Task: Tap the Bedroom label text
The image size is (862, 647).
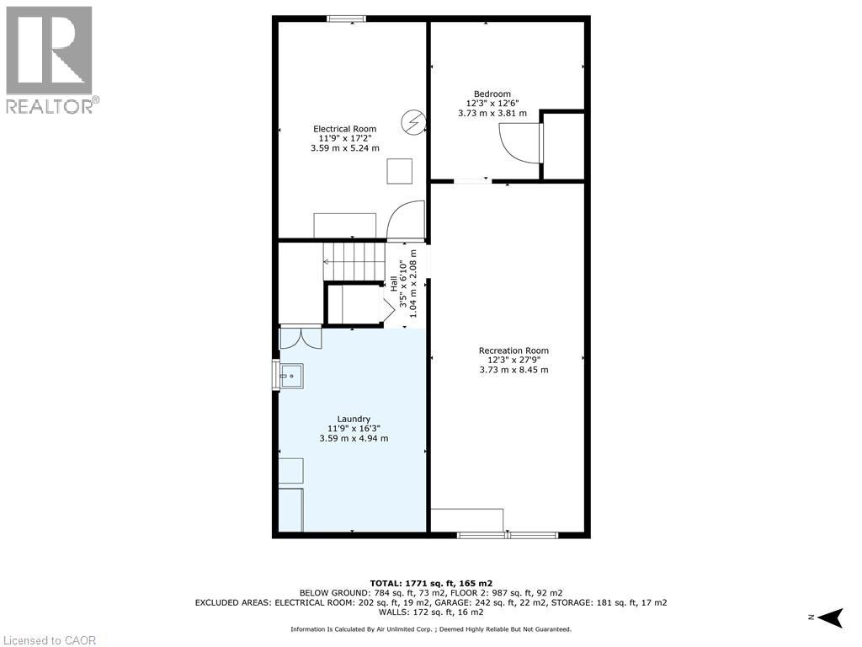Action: (x=492, y=94)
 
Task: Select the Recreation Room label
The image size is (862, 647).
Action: (x=513, y=350)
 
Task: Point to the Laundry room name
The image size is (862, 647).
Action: (x=354, y=419)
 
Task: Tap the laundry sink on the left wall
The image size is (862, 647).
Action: (x=290, y=374)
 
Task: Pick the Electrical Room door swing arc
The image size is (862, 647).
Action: (x=405, y=220)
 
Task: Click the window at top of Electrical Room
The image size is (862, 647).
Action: (x=346, y=19)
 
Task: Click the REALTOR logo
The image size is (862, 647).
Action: (x=50, y=60)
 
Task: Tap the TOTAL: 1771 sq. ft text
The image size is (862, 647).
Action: (x=431, y=583)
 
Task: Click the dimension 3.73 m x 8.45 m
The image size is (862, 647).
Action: (x=513, y=370)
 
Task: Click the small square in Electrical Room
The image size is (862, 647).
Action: (x=400, y=171)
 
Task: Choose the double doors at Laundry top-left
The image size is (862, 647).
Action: (x=301, y=336)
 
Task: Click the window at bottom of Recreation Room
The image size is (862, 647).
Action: (x=507, y=534)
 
